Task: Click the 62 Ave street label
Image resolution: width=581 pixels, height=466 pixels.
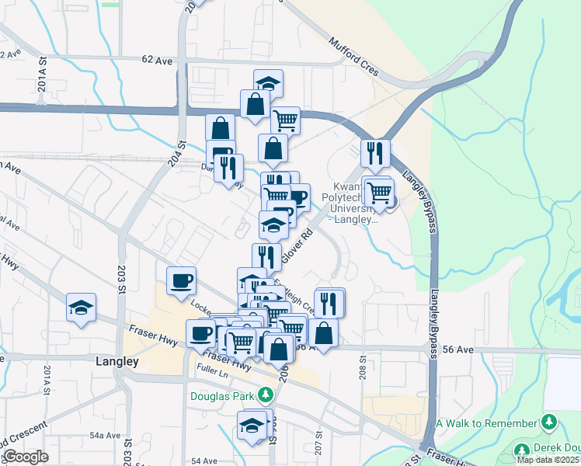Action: [156, 59]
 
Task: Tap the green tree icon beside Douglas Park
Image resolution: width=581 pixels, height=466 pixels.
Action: [266, 395]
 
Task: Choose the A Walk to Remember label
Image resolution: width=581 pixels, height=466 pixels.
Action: [486, 423]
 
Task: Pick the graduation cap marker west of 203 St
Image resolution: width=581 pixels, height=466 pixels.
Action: [81, 308]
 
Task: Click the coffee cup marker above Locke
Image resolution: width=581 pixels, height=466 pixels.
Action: [181, 280]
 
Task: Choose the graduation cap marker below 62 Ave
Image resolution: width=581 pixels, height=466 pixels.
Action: [268, 83]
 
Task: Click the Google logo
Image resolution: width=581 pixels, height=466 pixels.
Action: [26, 457]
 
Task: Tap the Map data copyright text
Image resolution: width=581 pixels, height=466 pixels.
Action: [548, 460]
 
